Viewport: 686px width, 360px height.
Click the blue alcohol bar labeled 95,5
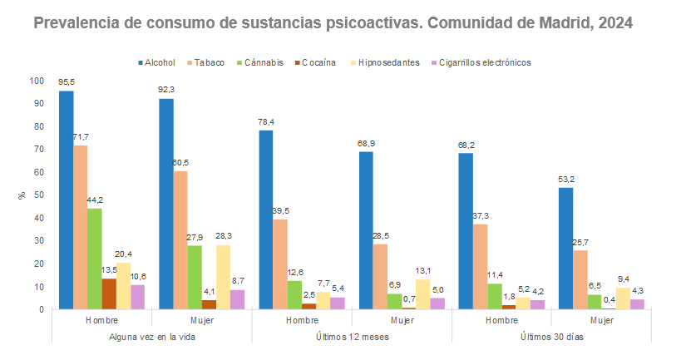coord(67,200)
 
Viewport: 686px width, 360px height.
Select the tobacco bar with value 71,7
coord(81,227)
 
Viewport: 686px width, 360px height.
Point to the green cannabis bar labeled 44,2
coord(95,259)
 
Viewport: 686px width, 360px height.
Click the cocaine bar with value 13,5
coord(109,293)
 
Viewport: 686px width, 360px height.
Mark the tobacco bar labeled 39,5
coord(280,264)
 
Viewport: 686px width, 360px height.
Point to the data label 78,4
coord(266,121)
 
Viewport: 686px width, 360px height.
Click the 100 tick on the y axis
coord(36,81)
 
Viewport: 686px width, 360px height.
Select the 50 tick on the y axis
coord(38,195)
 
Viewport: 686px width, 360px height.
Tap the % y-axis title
coord(22,195)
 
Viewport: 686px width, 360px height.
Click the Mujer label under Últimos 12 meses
coord(402,319)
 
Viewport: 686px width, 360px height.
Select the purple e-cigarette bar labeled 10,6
coord(137,297)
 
